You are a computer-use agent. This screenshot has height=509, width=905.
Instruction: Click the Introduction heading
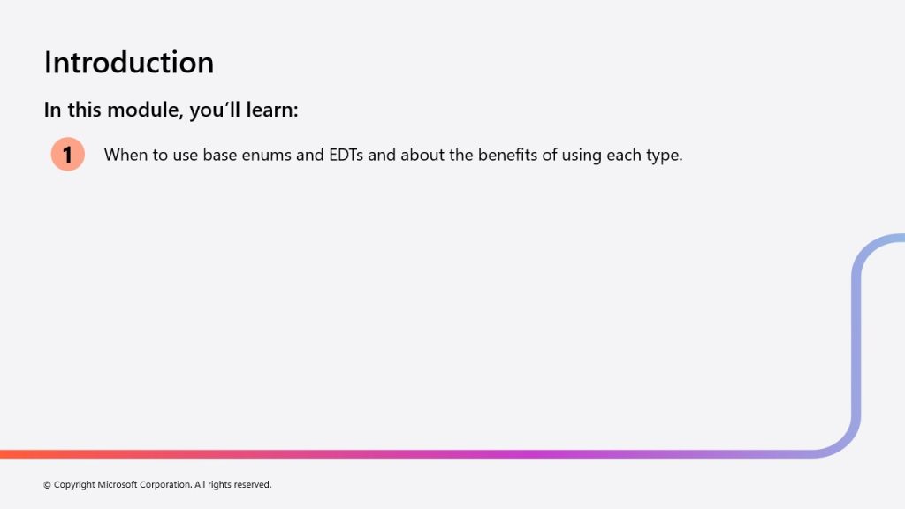pyautogui.click(x=129, y=63)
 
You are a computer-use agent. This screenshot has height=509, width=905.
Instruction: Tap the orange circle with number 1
pyautogui.click(x=67, y=154)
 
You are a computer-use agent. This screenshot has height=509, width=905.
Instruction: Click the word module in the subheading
pyautogui.click(x=146, y=110)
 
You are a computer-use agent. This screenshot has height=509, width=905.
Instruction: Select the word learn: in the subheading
pyautogui.click(x=272, y=110)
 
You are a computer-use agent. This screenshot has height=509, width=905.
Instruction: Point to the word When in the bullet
pyautogui.click(x=125, y=155)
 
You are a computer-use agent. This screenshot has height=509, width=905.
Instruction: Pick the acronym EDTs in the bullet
pyautogui.click(x=346, y=155)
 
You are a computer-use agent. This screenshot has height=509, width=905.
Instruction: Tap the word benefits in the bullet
pyautogui.click(x=507, y=155)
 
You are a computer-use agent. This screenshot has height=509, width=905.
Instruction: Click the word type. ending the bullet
pyautogui.click(x=664, y=156)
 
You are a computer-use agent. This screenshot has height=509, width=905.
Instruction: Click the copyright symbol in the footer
pyautogui.click(x=48, y=485)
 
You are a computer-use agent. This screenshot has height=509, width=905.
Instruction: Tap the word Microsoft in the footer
pyautogui.click(x=118, y=485)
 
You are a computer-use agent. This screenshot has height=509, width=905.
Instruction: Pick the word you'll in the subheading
pyautogui.click(x=215, y=110)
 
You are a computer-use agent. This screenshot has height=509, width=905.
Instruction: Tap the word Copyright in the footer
pyautogui.click(x=74, y=485)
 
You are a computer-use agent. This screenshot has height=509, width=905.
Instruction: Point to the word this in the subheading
pyautogui.click(x=84, y=110)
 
